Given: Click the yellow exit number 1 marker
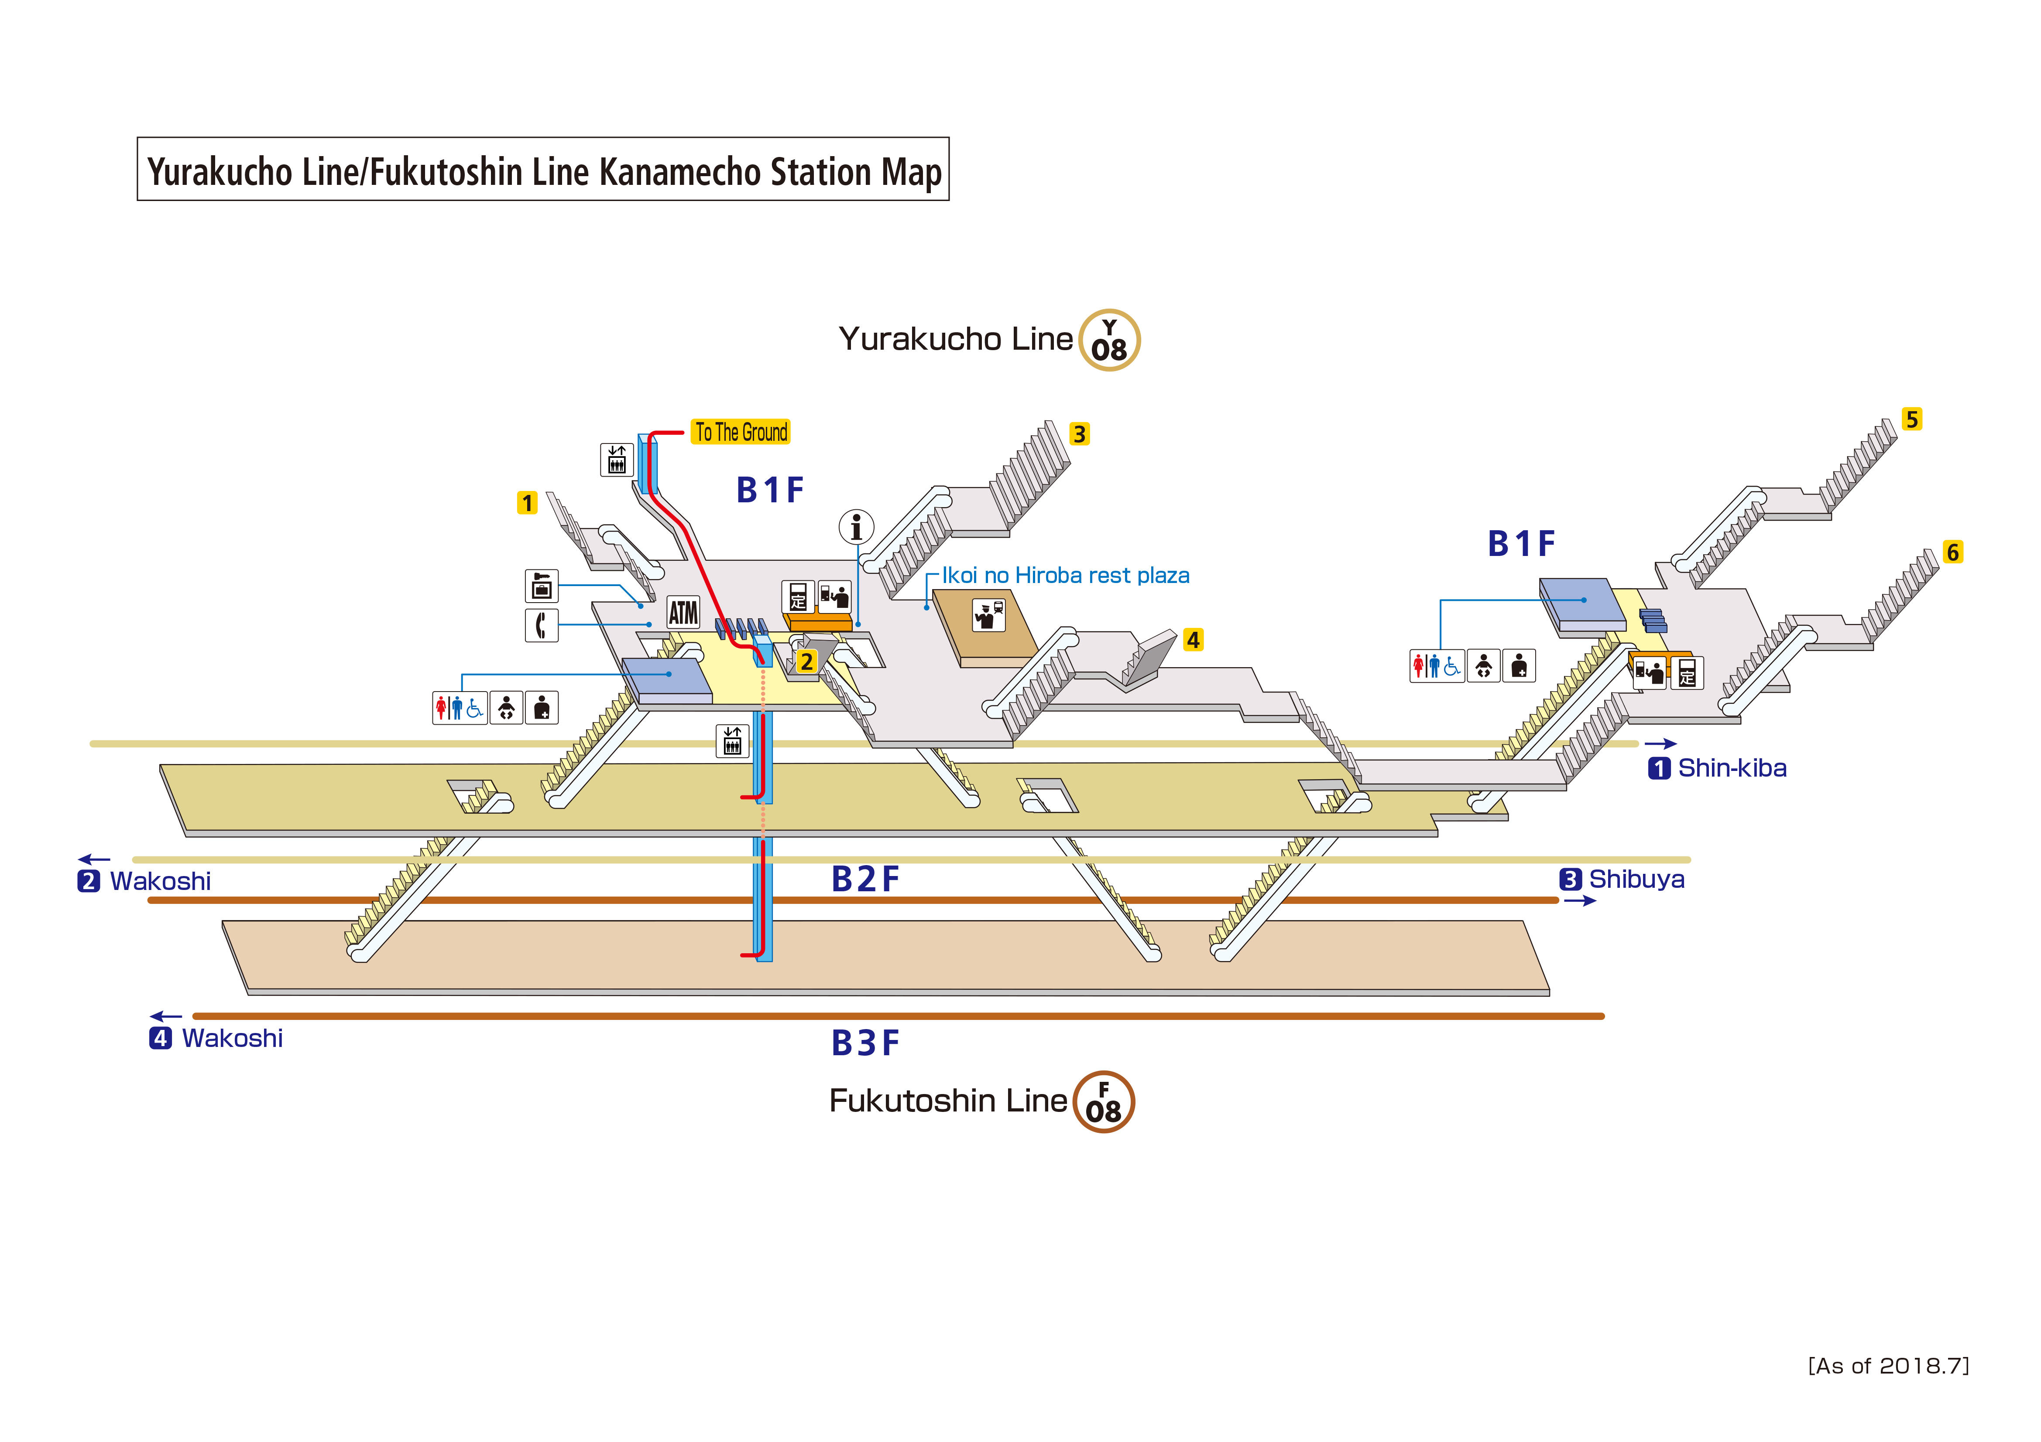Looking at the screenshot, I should click(527, 503).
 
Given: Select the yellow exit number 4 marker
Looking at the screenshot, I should click(1193, 640).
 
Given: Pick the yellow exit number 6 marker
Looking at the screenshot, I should click(1952, 552).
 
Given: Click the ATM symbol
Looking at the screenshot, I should click(683, 612).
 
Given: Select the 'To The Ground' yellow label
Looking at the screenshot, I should click(741, 433).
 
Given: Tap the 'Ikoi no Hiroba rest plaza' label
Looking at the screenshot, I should click(1065, 576).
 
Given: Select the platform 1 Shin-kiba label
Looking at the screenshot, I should click(1718, 767).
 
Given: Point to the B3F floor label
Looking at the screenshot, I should click(865, 1043).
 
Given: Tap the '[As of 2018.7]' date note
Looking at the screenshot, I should click(1888, 1366).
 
